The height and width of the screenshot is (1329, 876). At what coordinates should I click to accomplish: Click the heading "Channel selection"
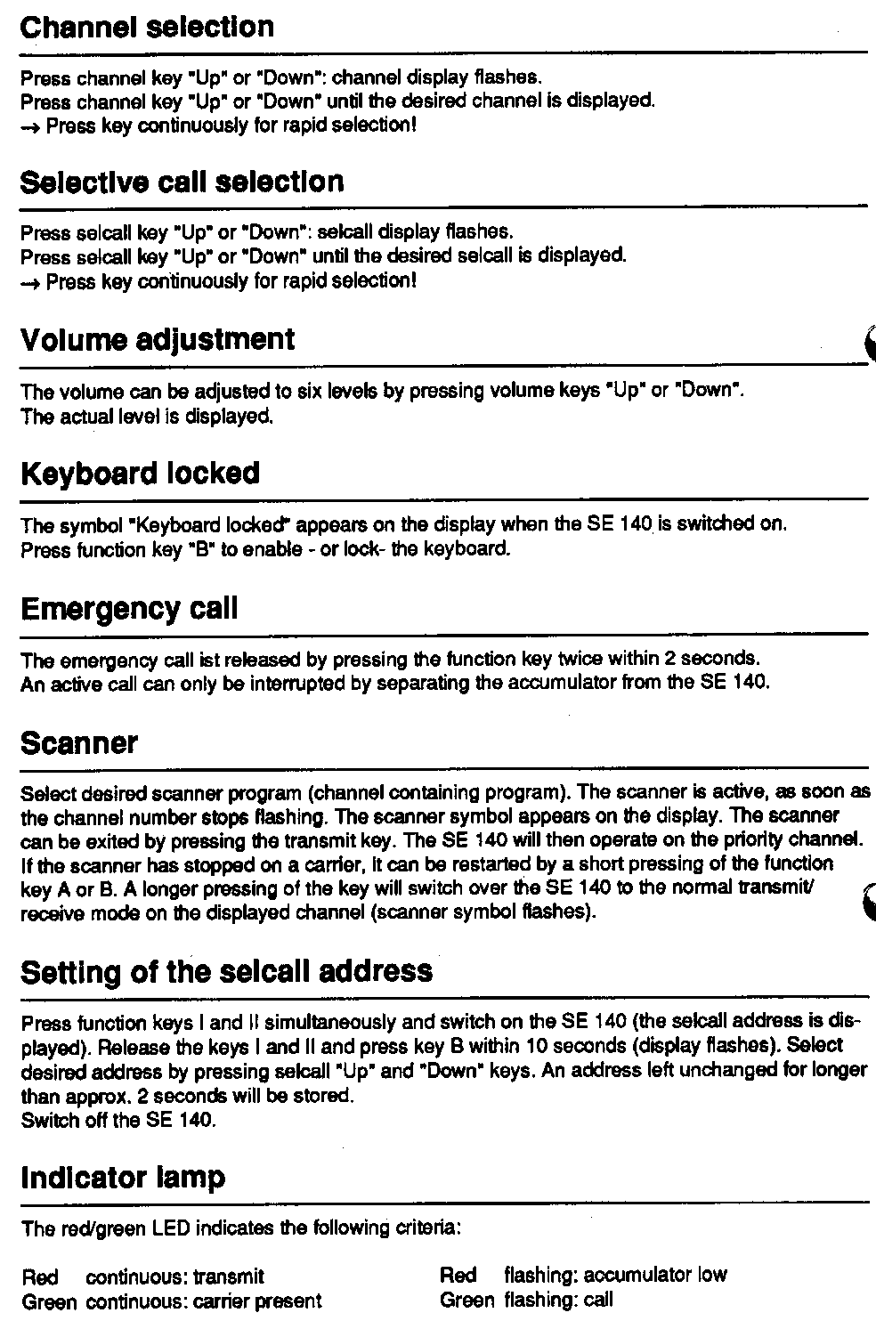[x=147, y=27]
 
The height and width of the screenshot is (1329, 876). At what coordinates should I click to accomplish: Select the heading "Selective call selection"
[x=182, y=182]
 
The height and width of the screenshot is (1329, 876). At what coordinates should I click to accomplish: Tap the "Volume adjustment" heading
[x=157, y=340]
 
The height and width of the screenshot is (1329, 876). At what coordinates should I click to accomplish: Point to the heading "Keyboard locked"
[x=140, y=473]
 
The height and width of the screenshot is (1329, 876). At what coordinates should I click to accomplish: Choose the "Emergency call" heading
[x=129, y=609]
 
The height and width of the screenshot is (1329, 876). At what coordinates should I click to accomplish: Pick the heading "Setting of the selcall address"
[x=226, y=970]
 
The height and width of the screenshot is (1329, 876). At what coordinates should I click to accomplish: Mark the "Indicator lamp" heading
[x=123, y=1178]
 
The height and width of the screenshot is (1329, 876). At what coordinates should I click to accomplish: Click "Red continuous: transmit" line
[x=142, y=1277]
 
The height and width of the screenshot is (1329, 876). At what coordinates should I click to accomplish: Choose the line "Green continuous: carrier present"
[x=171, y=1301]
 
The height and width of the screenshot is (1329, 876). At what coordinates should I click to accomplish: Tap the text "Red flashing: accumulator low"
[x=583, y=1276]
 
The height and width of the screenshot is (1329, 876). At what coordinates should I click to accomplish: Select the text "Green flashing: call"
[x=526, y=1301]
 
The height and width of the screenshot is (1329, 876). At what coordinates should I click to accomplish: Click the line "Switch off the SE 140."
[x=118, y=1120]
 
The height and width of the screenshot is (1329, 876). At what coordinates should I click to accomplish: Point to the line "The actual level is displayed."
[x=147, y=416]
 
